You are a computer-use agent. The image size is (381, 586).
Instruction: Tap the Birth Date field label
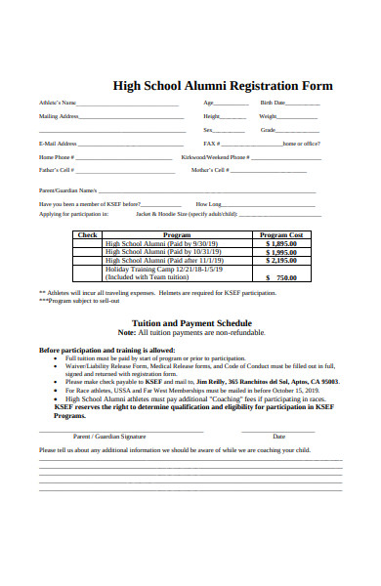coord(273,103)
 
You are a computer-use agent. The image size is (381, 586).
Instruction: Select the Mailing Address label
coord(59,116)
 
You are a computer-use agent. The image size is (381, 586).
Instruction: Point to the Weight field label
coord(268,116)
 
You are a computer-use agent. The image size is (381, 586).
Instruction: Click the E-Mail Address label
coord(58,144)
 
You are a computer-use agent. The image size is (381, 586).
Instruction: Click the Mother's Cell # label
coord(210,170)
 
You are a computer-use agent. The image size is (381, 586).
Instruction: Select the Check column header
coord(88,235)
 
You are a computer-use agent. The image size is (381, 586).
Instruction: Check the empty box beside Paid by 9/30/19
coord(88,243)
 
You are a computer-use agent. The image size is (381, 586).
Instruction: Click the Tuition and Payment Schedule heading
coord(191,322)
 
